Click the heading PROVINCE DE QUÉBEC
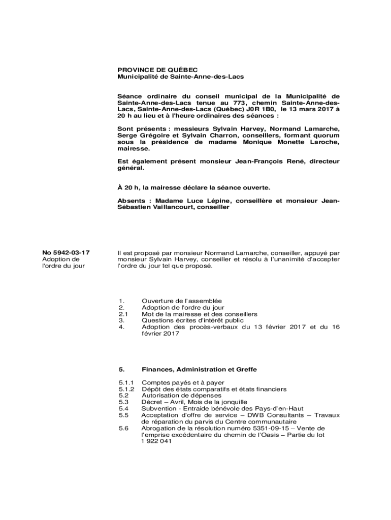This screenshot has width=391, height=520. click(x=157, y=70)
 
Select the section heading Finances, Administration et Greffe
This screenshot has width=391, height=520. click(x=202, y=369)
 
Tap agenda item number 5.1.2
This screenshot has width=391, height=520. click(x=125, y=389)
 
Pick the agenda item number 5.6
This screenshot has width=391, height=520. click(x=122, y=429)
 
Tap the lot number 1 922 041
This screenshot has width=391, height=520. click(x=156, y=442)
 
